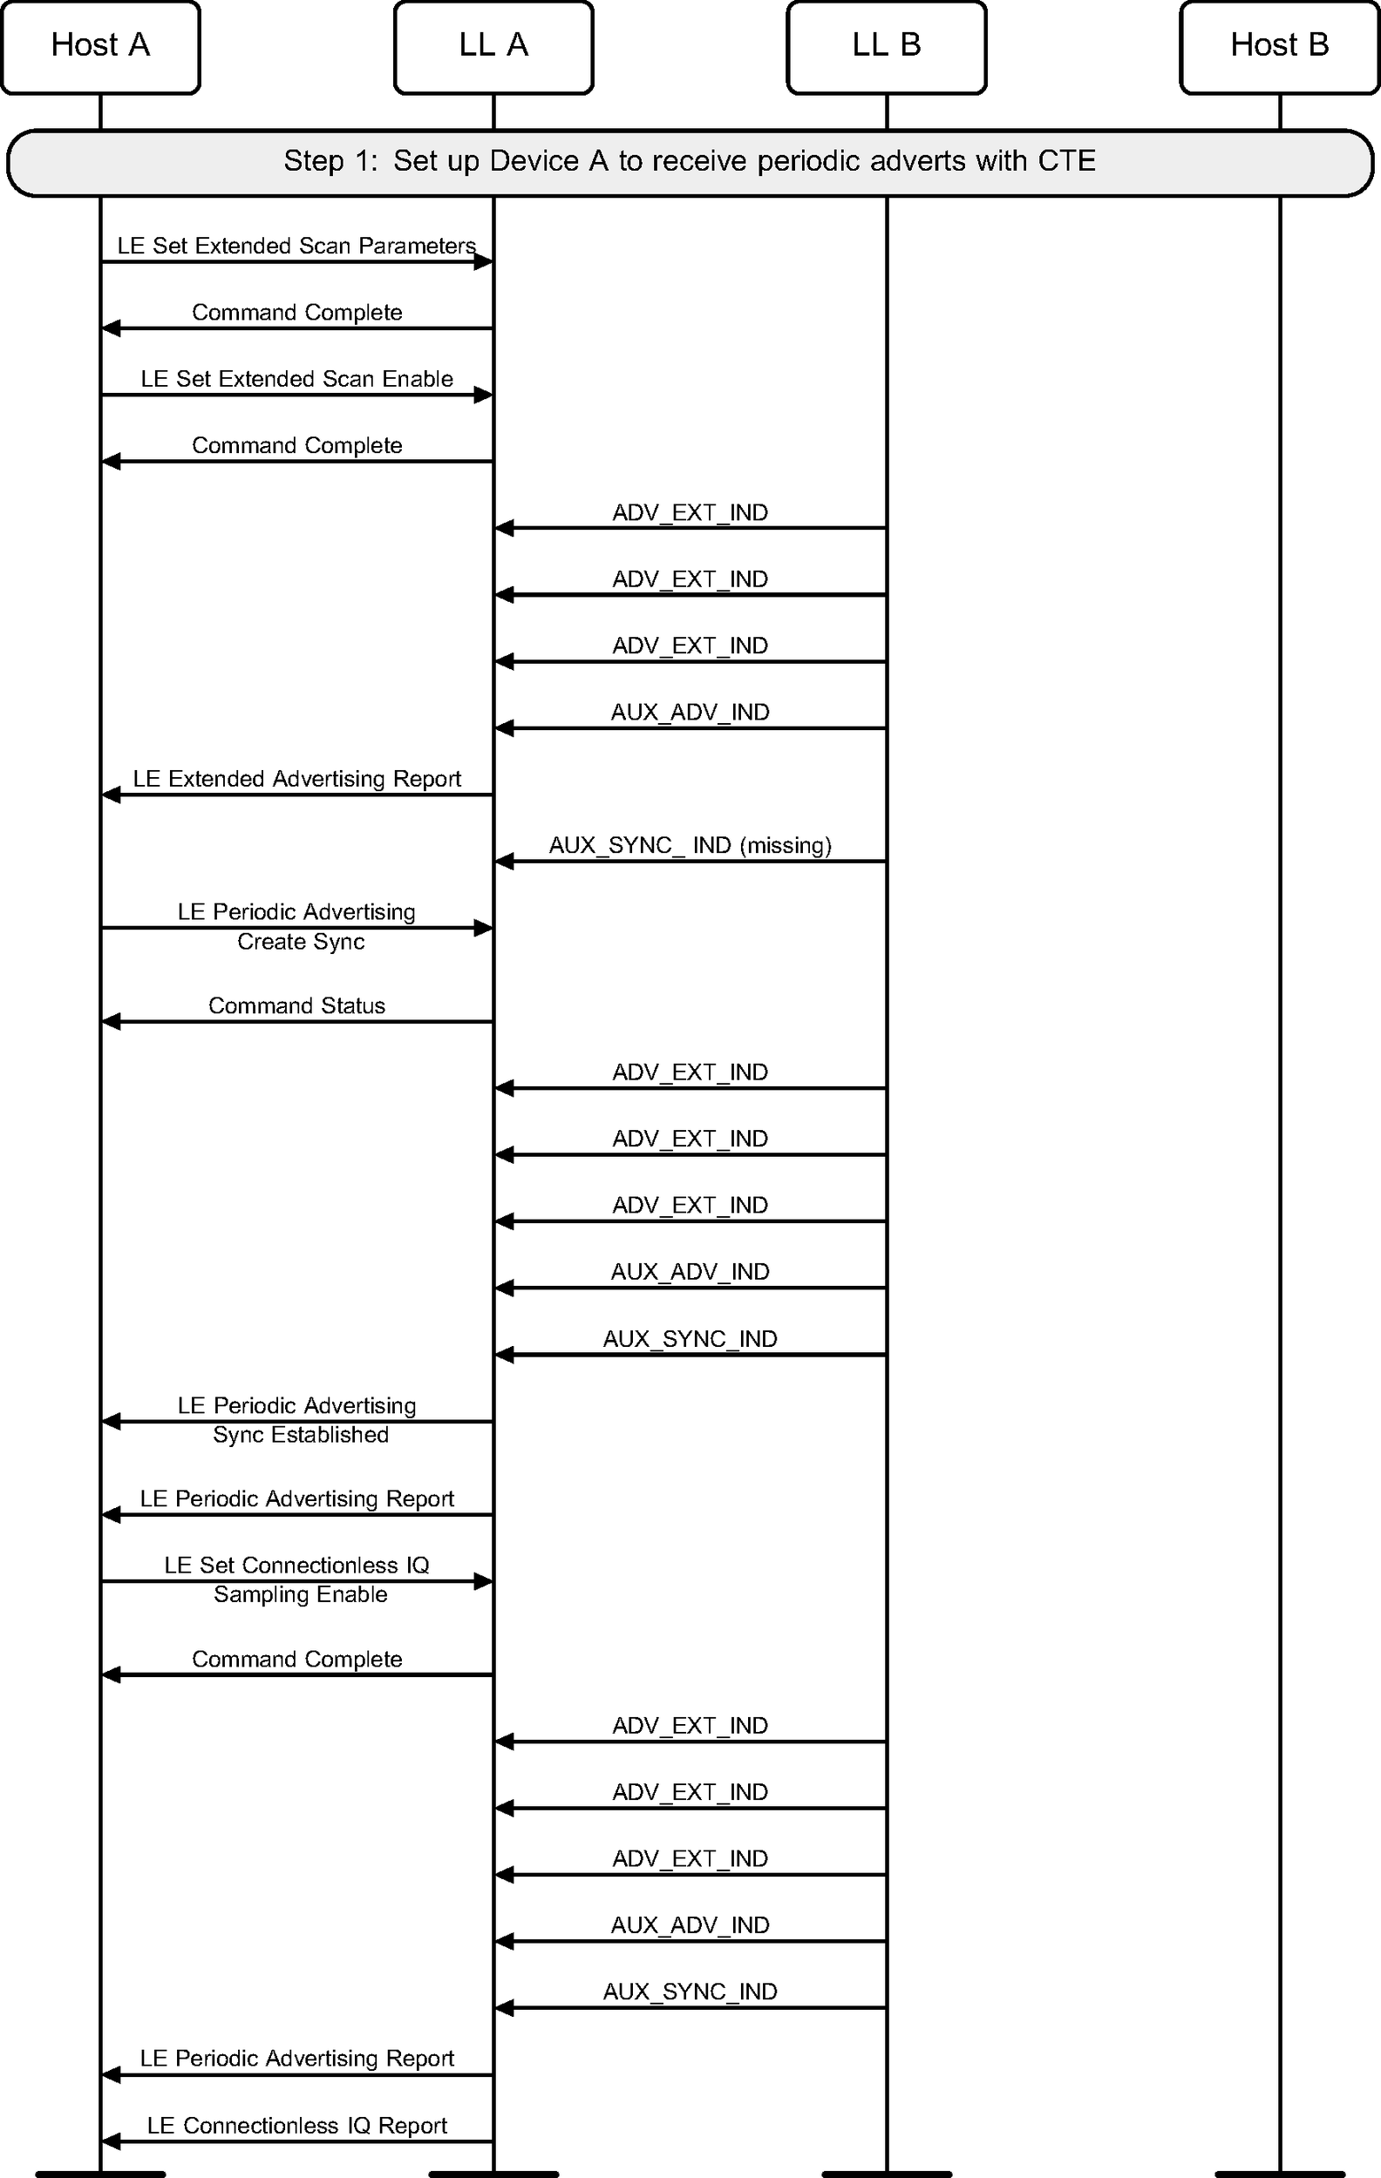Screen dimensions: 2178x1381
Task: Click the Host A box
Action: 100,47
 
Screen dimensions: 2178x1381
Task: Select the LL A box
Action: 493,47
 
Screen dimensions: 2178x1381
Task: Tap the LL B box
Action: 886,47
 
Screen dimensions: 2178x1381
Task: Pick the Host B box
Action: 1279,47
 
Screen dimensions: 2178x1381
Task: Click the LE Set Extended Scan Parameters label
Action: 296,246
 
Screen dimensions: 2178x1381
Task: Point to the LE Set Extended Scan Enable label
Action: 296,379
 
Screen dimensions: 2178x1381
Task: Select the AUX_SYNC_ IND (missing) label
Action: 690,846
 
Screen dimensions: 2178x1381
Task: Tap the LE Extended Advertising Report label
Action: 296,779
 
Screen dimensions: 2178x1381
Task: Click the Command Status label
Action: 296,1005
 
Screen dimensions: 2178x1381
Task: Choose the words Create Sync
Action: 301,942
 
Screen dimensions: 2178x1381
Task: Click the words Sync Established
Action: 301,1435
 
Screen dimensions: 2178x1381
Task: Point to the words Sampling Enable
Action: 301,1593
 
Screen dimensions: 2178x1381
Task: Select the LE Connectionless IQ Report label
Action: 296,2125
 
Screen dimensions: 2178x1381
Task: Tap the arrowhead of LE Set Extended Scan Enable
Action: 483,396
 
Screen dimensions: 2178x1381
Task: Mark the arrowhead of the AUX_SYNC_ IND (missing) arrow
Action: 504,861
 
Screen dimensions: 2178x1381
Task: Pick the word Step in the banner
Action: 313,161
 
